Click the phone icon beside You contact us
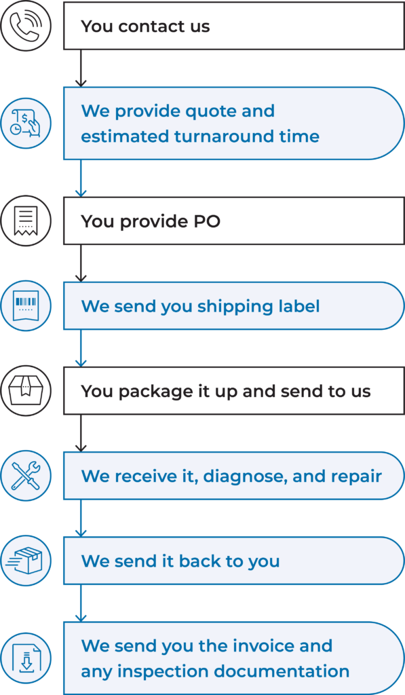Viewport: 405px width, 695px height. pos(26,26)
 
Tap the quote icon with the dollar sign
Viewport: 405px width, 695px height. pos(26,124)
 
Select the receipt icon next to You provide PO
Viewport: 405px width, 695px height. pos(26,221)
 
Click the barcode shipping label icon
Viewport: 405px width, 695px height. pos(26,306)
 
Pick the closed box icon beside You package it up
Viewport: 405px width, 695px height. pos(26,391)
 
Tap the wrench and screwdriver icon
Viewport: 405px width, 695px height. pos(26,476)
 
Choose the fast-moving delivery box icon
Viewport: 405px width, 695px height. pos(26,561)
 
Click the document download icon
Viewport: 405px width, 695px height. pos(26,658)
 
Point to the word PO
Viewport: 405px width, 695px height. pos(207,221)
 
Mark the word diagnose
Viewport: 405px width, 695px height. pos(245,477)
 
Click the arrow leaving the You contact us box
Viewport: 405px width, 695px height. pos(81,69)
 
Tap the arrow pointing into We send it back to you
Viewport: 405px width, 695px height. pos(81,518)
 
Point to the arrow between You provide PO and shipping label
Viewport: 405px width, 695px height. pos(81,263)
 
